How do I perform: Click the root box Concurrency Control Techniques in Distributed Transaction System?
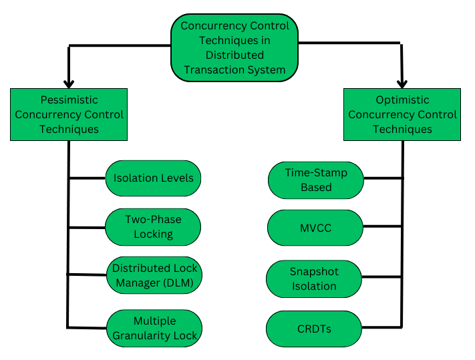(x=234, y=47)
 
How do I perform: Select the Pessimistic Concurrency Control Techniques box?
(x=69, y=114)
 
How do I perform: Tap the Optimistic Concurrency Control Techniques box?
(x=402, y=114)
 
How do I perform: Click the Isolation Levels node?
(x=153, y=178)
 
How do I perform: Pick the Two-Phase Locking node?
(x=153, y=226)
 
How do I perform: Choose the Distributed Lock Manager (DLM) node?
(x=153, y=275)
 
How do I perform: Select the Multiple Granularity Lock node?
(x=154, y=328)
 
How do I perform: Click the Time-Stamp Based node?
(x=316, y=179)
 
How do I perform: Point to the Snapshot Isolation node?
(x=313, y=279)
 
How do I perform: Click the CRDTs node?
(x=314, y=329)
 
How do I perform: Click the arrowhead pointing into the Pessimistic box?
(x=69, y=81)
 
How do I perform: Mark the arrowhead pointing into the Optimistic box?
(x=402, y=82)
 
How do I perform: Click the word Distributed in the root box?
(x=234, y=55)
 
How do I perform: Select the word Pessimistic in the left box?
(x=69, y=100)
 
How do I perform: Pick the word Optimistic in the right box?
(x=403, y=100)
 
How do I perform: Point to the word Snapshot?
(x=314, y=272)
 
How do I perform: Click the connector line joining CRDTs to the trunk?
(x=381, y=327)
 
